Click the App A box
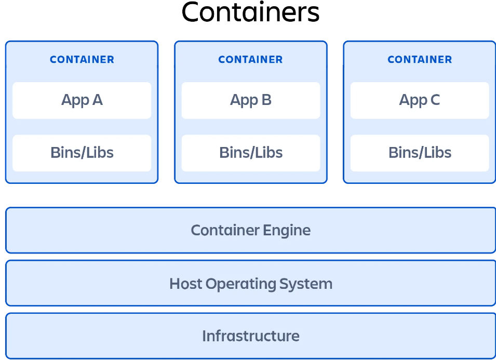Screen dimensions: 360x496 (82, 100)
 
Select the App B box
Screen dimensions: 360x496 (250, 100)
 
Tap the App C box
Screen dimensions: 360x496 (420, 100)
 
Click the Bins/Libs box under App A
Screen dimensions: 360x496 (82, 153)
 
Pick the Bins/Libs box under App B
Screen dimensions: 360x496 (250, 153)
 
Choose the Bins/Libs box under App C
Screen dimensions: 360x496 (420, 153)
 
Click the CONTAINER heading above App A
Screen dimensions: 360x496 (82, 60)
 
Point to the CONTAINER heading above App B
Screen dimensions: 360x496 (250, 60)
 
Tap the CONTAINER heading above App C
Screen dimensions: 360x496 (420, 60)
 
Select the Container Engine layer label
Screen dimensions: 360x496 (250, 230)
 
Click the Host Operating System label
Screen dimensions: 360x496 (250, 284)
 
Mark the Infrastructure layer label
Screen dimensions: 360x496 (250, 336)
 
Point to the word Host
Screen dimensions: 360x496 (185, 284)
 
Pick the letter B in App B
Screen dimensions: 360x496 (266, 100)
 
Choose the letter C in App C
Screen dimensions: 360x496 (435, 100)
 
